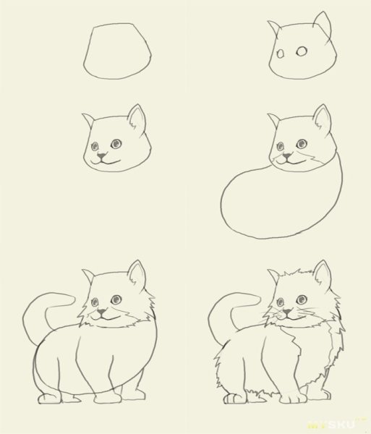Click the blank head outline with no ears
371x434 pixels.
(x=119, y=53)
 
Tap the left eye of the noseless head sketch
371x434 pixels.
(x=283, y=52)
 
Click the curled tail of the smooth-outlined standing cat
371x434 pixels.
(x=43, y=307)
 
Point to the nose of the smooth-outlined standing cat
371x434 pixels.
(x=101, y=312)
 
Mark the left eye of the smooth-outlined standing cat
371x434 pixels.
(x=95, y=302)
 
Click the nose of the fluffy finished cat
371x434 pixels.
(x=288, y=312)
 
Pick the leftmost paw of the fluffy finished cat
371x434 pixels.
(x=232, y=399)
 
